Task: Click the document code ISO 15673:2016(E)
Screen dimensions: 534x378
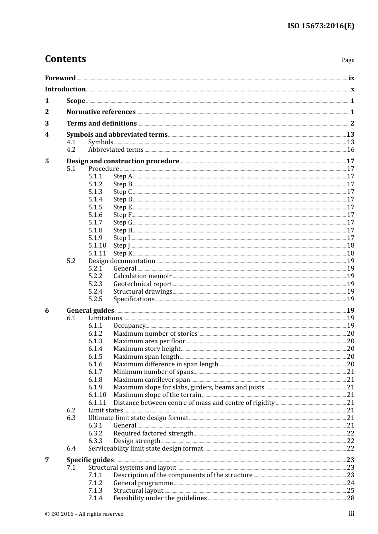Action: click(321, 26)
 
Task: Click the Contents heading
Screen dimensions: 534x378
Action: click(65, 59)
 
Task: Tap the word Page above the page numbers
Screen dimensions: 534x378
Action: click(348, 60)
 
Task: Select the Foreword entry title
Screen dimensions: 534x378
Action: click(60, 78)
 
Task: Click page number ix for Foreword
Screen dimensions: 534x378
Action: click(351, 78)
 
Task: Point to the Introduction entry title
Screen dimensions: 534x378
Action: click(65, 89)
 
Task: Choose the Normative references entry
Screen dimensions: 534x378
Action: click(101, 112)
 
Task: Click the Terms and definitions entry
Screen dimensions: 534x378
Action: click(101, 124)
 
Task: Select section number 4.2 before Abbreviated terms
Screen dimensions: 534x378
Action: click(71, 150)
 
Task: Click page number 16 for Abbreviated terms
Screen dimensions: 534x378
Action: click(351, 150)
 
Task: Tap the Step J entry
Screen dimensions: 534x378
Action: click(122, 246)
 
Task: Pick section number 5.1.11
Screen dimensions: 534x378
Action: click(97, 253)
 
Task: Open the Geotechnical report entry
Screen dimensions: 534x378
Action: click(142, 284)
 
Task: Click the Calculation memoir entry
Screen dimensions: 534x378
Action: click(142, 276)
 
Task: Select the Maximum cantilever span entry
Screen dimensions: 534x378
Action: click(152, 380)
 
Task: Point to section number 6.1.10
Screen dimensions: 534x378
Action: click(97, 395)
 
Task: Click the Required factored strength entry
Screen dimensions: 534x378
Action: click(153, 433)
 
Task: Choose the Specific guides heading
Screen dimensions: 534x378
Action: click(90, 460)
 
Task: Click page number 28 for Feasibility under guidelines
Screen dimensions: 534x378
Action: click(351, 498)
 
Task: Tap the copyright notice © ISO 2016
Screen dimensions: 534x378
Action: click(84, 514)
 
